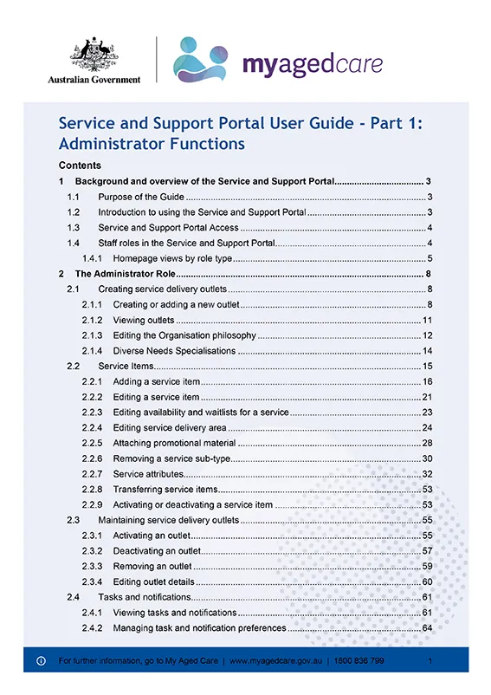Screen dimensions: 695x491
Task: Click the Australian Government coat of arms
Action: click(94, 54)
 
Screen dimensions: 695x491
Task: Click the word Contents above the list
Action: click(80, 166)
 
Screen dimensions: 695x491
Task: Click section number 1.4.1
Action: click(93, 258)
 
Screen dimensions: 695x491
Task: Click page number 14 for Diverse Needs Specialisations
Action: click(427, 351)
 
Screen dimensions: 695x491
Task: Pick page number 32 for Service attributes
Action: click(427, 474)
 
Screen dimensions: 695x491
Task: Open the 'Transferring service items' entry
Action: click(165, 490)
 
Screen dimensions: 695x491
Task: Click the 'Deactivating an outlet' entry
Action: click(157, 551)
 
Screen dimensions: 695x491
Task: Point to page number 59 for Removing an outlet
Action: click(427, 566)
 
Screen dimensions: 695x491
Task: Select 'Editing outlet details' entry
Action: click(152, 581)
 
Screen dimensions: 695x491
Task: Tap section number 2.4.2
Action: click(93, 627)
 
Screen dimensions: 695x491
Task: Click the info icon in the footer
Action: click(40, 661)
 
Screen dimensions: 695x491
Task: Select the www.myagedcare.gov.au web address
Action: click(275, 661)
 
